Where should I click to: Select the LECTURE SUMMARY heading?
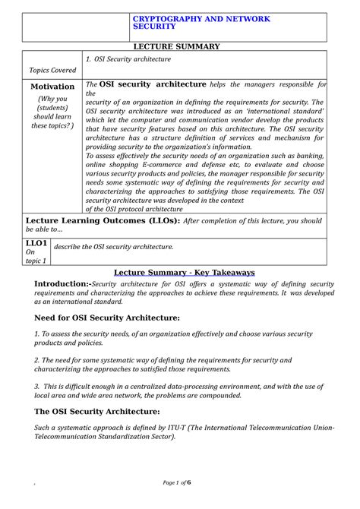coord(179,46)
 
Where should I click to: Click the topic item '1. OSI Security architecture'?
coord(128,59)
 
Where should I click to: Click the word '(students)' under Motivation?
coord(52,108)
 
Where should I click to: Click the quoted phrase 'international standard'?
coord(283,110)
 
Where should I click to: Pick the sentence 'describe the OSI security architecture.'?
coord(129,247)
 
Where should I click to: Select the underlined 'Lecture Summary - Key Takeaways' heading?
coord(184,272)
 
